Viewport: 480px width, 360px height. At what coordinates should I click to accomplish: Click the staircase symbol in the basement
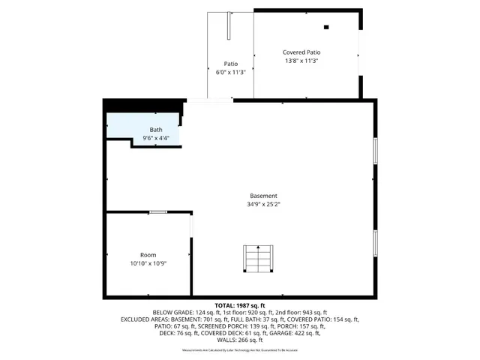click(x=259, y=259)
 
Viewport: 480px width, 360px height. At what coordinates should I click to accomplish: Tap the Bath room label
click(x=155, y=130)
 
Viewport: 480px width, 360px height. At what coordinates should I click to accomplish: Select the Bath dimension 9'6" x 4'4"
click(x=155, y=139)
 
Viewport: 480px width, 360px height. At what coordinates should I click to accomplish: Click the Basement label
click(x=263, y=195)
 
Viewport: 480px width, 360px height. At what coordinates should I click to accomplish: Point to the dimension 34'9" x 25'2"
click(x=263, y=204)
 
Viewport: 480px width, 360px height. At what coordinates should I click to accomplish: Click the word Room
click(x=148, y=255)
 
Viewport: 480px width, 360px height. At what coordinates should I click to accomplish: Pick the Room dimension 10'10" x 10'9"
click(x=148, y=264)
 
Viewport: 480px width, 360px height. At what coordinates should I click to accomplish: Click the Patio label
click(x=231, y=64)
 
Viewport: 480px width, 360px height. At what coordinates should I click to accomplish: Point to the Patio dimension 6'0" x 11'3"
click(x=231, y=72)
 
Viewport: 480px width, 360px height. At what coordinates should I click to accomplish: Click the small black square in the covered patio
click(x=326, y=28)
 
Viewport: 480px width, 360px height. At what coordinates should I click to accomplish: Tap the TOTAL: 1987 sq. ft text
click(x=240, y=305)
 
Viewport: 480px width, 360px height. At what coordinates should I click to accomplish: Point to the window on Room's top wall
click(x=157, y=212)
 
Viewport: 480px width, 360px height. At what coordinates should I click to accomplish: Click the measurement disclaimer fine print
click(x=240, y=349)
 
